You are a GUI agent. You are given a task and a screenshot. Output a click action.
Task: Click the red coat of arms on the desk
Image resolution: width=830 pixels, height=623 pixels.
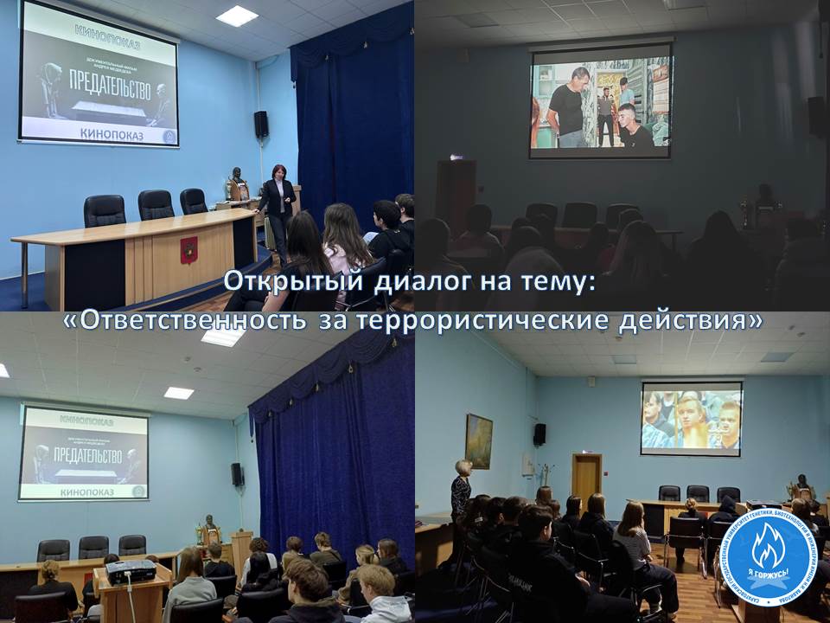(188, 249)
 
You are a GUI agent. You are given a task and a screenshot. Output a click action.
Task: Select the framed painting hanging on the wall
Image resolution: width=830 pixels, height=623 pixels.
(478, 440)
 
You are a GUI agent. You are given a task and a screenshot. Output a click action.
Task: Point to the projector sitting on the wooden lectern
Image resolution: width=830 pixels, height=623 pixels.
(131, 571)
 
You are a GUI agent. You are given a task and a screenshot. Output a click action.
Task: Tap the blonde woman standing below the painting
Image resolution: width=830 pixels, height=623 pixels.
(461, 493)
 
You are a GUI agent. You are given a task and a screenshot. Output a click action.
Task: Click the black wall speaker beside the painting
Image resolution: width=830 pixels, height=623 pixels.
(539, 434)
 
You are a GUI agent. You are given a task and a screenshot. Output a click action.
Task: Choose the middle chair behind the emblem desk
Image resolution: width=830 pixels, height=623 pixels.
(156, 206)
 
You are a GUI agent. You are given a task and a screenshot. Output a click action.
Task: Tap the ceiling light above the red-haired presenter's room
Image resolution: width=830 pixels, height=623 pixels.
(237, 16)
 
